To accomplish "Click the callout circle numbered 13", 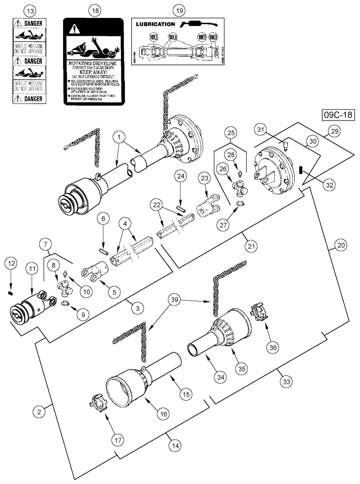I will point(30,10).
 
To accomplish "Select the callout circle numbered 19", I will point(179,10).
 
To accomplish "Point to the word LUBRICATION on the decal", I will point(155,24).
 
